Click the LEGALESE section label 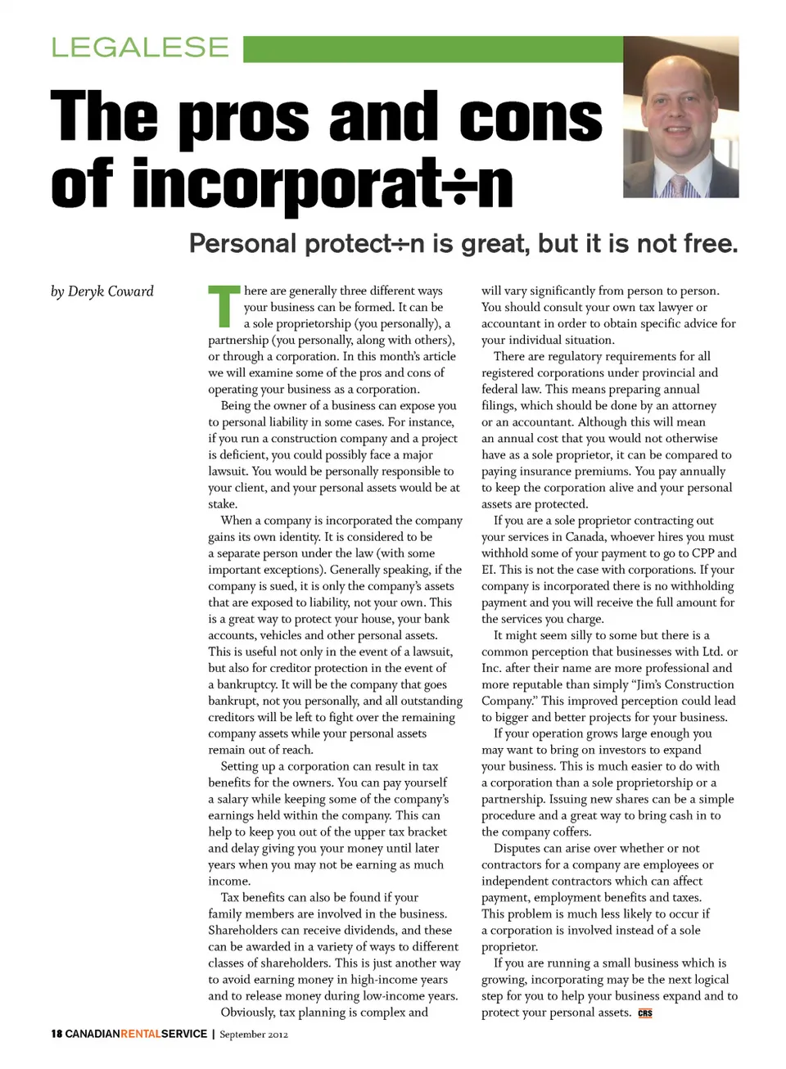coord(140,47)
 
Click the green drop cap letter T coord(223,305)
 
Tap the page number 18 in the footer coord(56,1034)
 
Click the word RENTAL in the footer coord(141,1034)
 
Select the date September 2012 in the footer coord(254,1035)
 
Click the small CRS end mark coord(645,1013)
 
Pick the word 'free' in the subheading coord(709,243)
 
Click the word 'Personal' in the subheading coord(242,243)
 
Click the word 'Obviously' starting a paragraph coord(248,1012)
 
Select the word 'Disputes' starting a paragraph coord(517,848)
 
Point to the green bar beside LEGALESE coord(432,48)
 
